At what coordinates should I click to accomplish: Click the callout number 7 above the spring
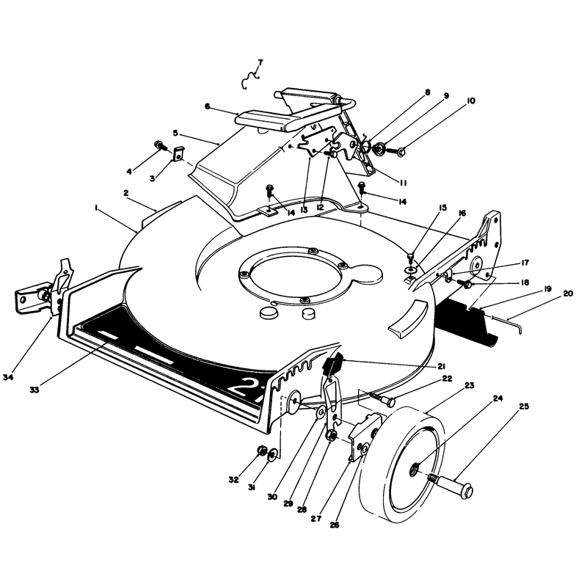[x=260, y=62]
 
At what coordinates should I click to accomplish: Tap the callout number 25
[x=524, y=406]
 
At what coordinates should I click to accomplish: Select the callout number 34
[x=8, y=377]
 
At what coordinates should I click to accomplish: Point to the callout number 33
[x=34, y=390]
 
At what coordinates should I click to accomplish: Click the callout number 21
[x=442, y=366]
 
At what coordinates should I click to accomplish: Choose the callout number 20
[x=568, y=293]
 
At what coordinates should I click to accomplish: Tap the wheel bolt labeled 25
[x=453, y=484]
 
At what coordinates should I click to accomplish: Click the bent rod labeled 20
[x=507, y=324]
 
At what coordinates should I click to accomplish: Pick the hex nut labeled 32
[x=262, y=451]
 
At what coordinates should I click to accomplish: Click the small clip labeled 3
[x=179, y=153]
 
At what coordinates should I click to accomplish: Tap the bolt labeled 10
[x=396, y=152]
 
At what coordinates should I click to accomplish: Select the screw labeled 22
[x=382, y=399]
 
